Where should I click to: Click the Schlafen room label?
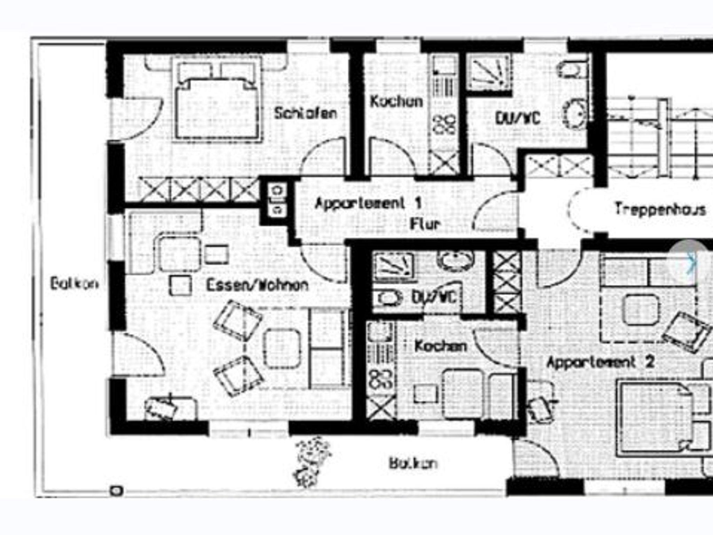[x=305, y=113]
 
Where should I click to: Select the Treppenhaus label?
[x=660, y=209]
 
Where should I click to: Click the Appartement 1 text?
[x=368, y=203]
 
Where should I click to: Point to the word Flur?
[x=425, y=224]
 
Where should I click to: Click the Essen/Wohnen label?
[x=257, y=285]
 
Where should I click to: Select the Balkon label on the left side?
[x=74, y=284]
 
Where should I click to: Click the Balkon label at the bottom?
[x=413, y=463]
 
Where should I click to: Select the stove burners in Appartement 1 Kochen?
[x=444, y=124]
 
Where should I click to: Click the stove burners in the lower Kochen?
[x=381, y=378]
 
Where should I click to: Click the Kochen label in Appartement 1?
[x=396, y=102]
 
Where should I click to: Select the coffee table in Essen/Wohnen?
[x=282, y=348]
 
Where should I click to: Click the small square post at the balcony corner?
[x=116, y=491]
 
